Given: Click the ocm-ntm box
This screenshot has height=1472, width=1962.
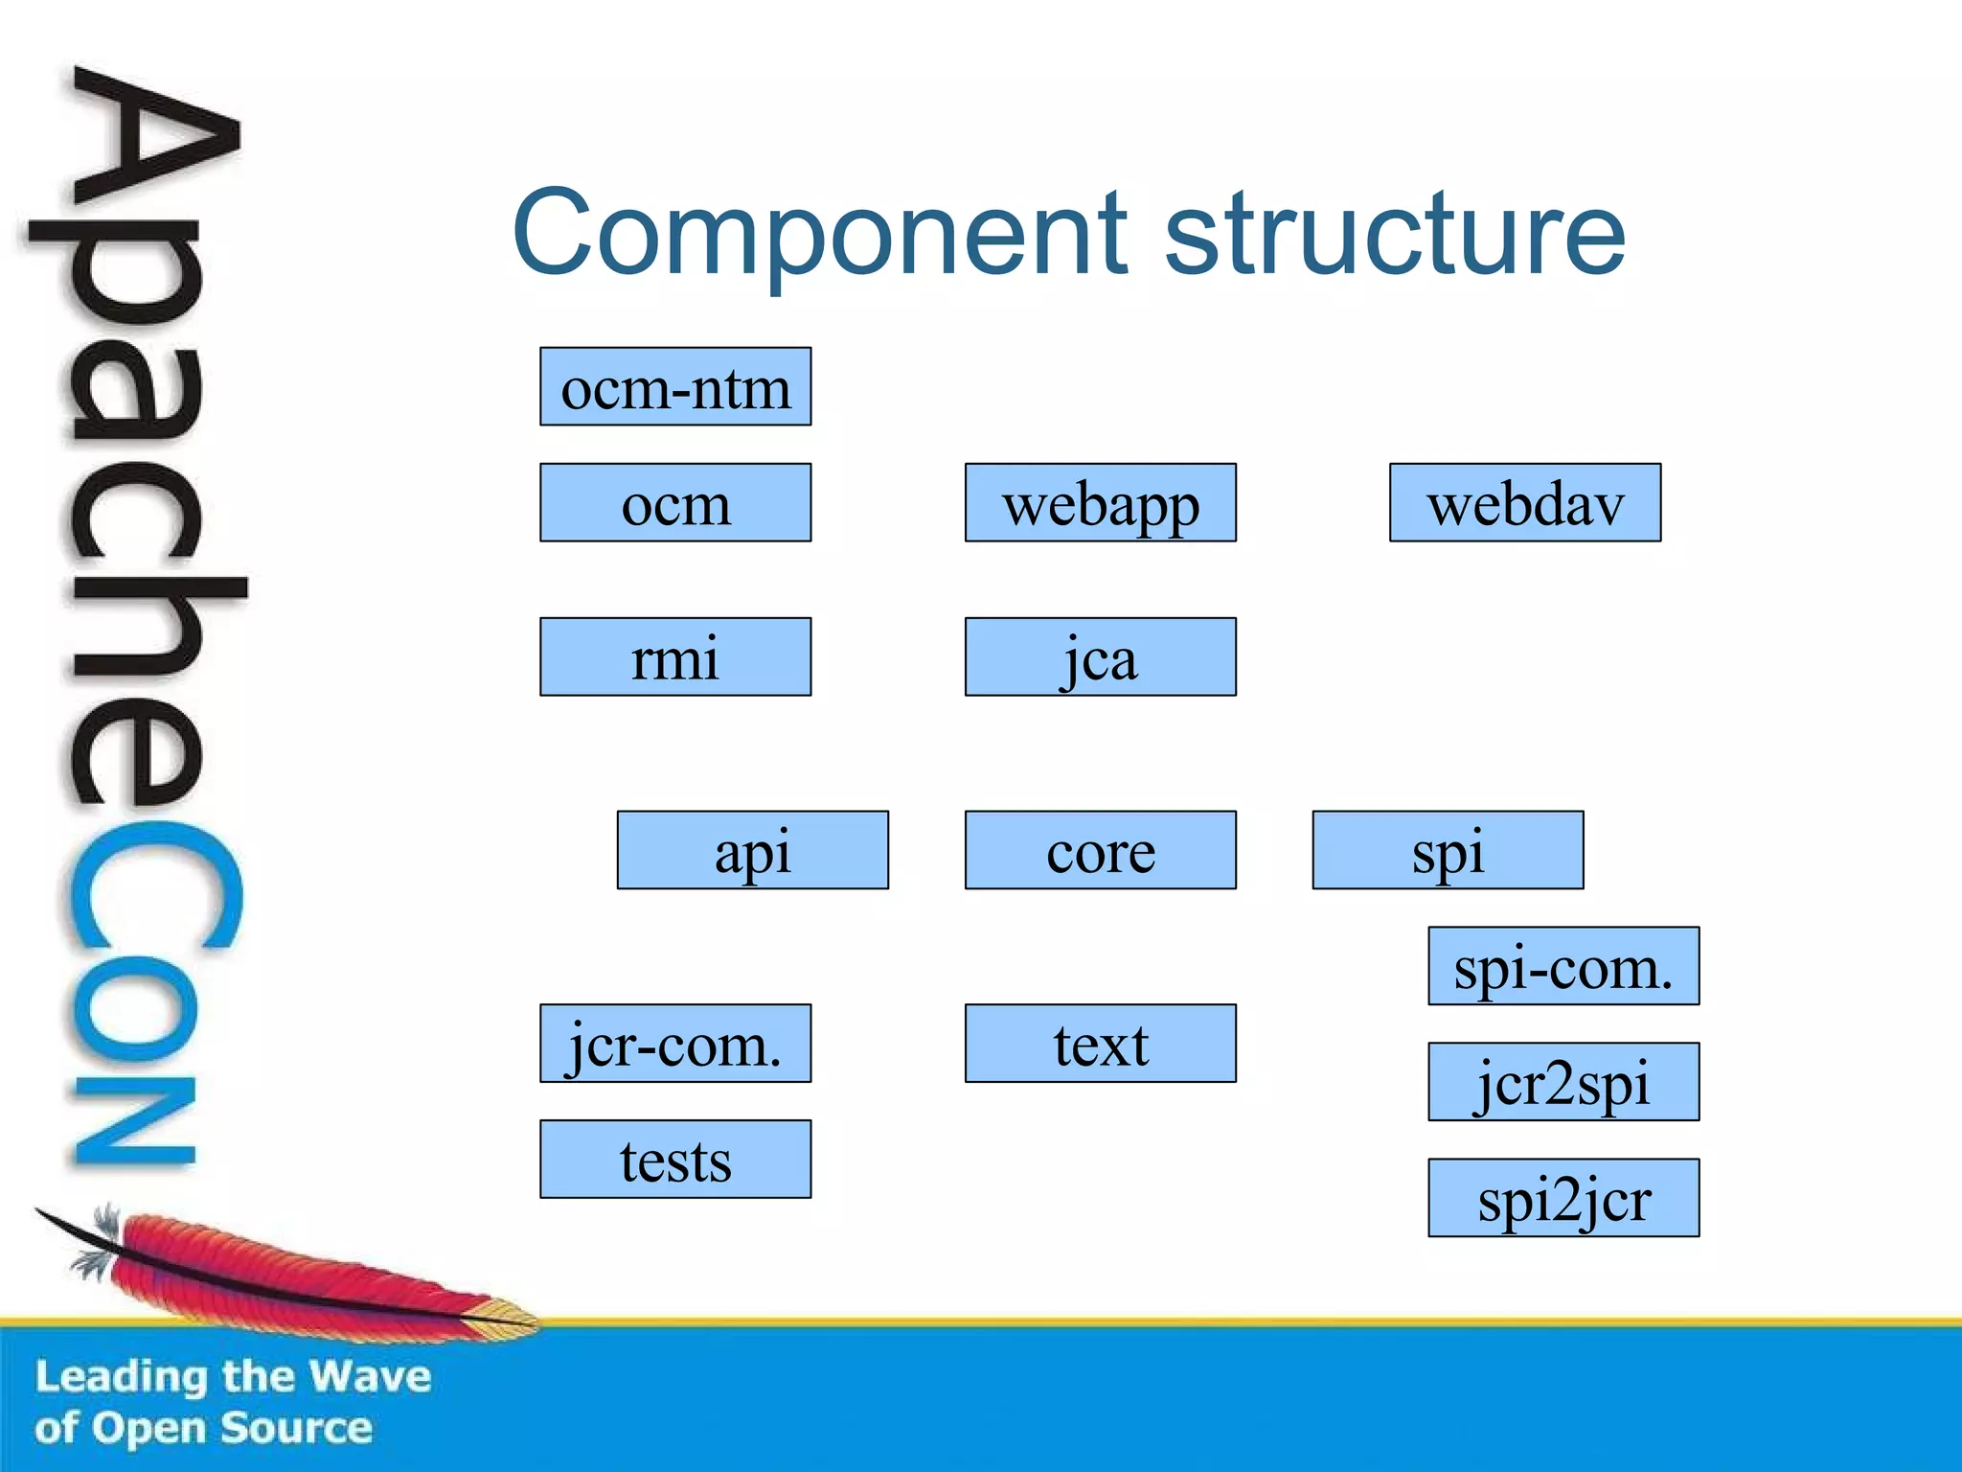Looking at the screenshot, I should [x=675, y=387].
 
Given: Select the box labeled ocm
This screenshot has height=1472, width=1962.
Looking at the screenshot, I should [x=675, y=503].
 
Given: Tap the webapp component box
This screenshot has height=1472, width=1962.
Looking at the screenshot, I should [x=1100, y=503].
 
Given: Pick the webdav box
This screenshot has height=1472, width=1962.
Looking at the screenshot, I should [x=1525, y=503].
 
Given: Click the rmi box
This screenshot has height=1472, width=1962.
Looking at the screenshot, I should [x=675, y=657].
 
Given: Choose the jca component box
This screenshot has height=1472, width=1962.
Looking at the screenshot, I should [x=1100, y=657].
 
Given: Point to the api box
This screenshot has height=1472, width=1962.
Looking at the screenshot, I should [x=752, y=851].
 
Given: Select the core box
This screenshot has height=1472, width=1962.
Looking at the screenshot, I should [x=1100, y=851].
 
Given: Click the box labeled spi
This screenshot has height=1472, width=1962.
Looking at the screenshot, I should [x=1448, y=851].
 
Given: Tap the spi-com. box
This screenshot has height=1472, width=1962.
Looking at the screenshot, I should [x=1563, y=966].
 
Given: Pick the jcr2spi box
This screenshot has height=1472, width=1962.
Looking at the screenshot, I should [x=1563, y=1082].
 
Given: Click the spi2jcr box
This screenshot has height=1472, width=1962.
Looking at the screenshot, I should [x=1563, y=1198].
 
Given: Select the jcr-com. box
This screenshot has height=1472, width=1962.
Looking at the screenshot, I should [x=675, y=1044].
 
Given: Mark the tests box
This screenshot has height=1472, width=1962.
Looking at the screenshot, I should [x=675, y=1160].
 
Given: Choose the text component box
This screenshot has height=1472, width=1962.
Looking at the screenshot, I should [x=1100, y=1044].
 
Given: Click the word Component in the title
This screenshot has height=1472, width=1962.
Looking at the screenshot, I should [x=819, y=233].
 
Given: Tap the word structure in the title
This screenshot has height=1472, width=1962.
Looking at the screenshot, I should [x=1394, y=233].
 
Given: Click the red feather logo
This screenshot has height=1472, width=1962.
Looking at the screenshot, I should [x=287, y=1270].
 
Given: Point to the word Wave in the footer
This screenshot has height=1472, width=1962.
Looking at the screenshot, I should [x=370, y=1377].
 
